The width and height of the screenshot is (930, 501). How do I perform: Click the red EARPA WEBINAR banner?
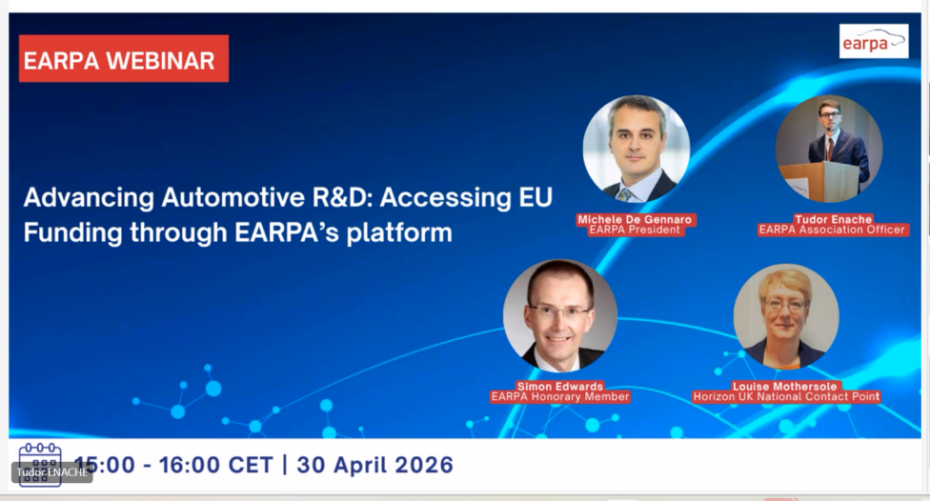[x=123, y=59]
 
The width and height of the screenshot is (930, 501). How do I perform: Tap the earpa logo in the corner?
[x=874, y=41]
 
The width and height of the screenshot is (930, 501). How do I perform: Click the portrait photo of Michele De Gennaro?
[x=636, y=149]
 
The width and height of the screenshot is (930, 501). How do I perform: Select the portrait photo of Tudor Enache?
[x=829, y=149]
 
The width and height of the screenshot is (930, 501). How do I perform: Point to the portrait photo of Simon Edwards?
[x=560, y=315]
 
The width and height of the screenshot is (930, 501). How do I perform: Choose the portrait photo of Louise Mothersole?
[x=786, y=316]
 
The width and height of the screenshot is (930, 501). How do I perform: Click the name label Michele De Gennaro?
[x=635, y=219]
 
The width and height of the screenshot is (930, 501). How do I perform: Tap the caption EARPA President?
[x=635, y=230]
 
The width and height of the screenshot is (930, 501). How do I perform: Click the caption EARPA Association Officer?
[x=832, y=230]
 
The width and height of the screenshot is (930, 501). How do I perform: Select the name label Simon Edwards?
[x=560, y=386]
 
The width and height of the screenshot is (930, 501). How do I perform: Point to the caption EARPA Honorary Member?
[x=560, y=396]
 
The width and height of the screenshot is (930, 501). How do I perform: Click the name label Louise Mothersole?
[x=785, y=386]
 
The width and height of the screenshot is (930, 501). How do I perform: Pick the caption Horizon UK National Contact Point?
[x=786, y=396]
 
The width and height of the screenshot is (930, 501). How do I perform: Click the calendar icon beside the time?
[x=40, y=465]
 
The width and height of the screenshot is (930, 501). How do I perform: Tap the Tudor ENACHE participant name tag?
[x=52, y=472]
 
